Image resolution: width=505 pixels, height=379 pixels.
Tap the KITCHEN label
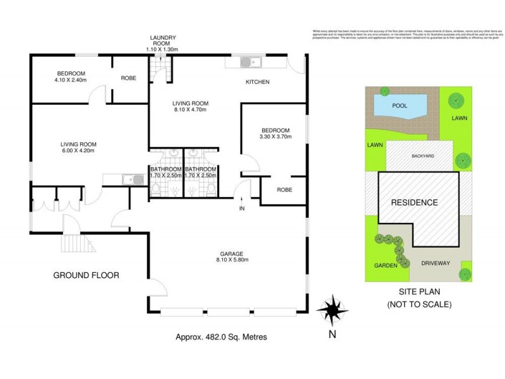[258, 82]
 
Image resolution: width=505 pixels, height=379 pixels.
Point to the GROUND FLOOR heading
[86, 275]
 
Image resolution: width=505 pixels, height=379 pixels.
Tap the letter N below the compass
[333, 335]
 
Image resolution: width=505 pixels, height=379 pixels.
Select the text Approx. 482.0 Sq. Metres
[221, 337]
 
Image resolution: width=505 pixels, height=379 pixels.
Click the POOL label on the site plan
[400, 105]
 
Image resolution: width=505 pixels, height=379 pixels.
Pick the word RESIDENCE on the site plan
[413, 203]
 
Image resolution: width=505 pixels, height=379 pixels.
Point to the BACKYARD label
[422, 155]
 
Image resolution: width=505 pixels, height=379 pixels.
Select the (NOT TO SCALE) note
[419, 304]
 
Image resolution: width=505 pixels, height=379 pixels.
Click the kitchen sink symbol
[247, 62]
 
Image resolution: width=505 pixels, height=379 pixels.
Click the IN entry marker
[241, 208]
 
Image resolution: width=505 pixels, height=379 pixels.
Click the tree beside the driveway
[465, 274]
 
